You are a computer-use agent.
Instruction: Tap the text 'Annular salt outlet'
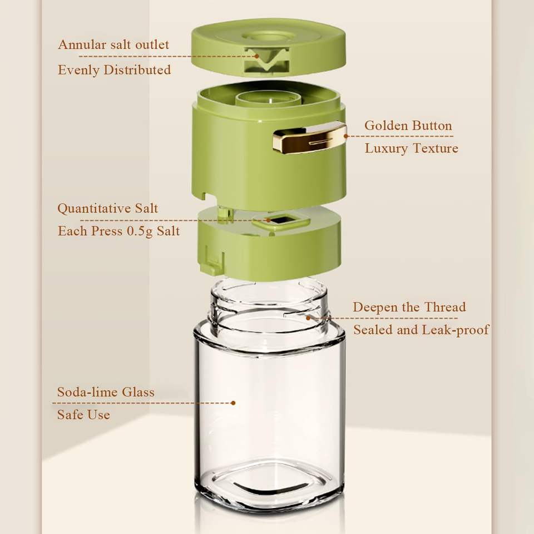pyautogui.click(x=113, y=44)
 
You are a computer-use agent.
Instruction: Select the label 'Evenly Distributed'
pyautogui.click(x=115, y=70)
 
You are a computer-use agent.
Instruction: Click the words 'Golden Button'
pyautogui.click(x=408, y=125)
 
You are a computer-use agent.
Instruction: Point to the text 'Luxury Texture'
pyautogui.click(x=412, y=148)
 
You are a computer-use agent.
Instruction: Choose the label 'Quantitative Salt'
pyautogui.click(x=107, y=208)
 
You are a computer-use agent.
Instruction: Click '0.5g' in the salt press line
pyautogui.click(x=140, y=231)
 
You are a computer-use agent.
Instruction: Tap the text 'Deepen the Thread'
pyautogui.click(x=409, y=307)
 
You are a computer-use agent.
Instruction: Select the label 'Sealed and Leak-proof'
pyautogui.click(x=421, y=330)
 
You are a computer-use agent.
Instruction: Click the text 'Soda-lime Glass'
pyautogui.click(x=106, y=392)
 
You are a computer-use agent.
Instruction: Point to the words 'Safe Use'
pyautogui.click(x=83, y=415)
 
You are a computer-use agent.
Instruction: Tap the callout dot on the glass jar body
pyautogui.click(x=233, y=403)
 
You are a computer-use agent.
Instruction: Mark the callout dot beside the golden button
pyautogui.click(x=346, y=136)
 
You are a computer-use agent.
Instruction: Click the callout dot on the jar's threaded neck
pyautogui.click(x=308, y=318)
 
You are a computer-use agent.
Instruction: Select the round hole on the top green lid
pyautogui.click(x=269, y=36)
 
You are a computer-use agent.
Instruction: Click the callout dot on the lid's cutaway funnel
pyautogui.click(x=257, y=56)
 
